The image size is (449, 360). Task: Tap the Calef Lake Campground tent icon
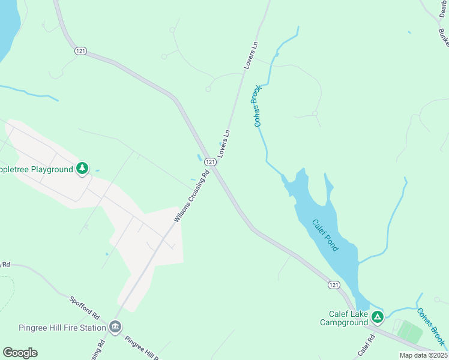click(377, 317)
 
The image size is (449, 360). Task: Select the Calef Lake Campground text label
click(343, 318)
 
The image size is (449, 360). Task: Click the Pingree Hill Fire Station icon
click(115, 327)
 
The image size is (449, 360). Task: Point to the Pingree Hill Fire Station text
click(54, 327)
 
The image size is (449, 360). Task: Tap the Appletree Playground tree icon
click(82, 169)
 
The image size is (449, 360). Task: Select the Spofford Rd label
click(83, 307)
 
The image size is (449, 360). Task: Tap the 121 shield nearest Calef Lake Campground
click(334, 284)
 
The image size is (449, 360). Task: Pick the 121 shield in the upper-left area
click(81, 51)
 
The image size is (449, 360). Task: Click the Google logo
click(20, 352)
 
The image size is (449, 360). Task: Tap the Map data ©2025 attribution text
click(423, 355)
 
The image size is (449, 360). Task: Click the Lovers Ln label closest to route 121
click(224, 143)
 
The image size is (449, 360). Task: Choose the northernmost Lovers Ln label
click(251, 55)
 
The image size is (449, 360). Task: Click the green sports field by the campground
click(410, 332)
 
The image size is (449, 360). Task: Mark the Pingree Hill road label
click(142, 346)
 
